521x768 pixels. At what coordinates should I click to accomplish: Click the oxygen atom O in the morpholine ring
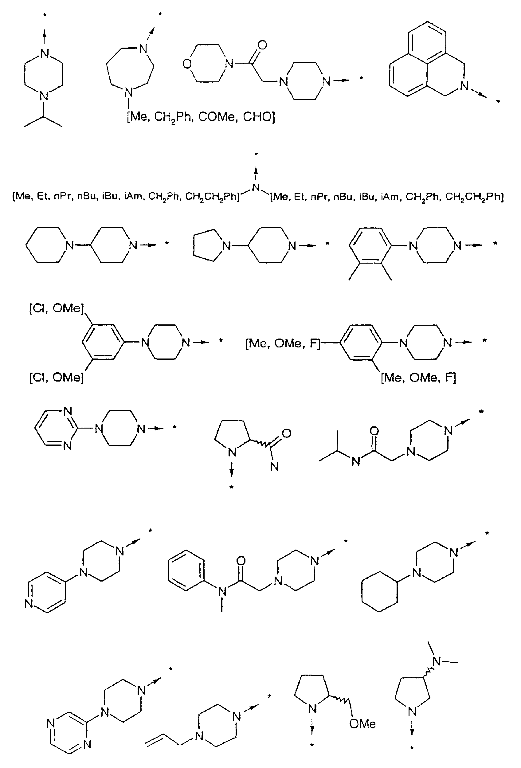click(x=187, y=64)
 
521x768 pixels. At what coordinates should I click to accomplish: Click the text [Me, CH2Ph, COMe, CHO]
click(x=201, y=117)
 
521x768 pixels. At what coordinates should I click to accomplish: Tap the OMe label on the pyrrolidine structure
click(x=362, y=724)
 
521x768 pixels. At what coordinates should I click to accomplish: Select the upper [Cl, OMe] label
click(x=57, y=309)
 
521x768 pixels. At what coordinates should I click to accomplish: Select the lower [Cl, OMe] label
click(x=57, y=377)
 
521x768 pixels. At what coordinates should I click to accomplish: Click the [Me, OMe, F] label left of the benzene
click(x=283, y=344)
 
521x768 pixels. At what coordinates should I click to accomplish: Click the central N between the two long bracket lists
click(x=256, y=187)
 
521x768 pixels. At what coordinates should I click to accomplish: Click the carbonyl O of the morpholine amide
click(x=262, y=45)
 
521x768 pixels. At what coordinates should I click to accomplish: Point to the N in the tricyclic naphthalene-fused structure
click(x=464, y=86)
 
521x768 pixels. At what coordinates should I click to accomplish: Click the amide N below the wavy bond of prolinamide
click(x=274, y=466)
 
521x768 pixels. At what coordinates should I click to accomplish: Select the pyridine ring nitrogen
click(x=29, y=604)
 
